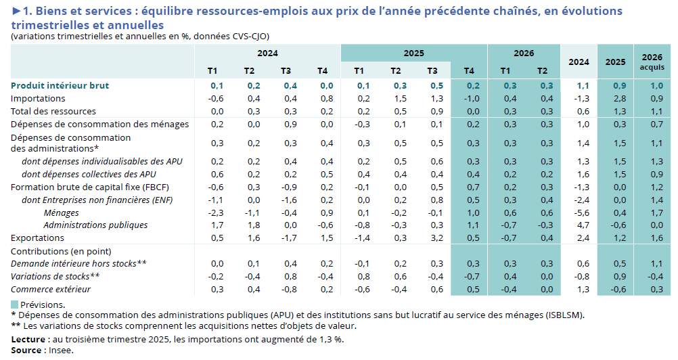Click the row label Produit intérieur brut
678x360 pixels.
tap(60, 86)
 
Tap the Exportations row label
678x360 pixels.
tap(37, 238)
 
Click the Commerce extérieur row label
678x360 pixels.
tap(51, 290)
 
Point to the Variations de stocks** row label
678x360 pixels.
tap(55, 277)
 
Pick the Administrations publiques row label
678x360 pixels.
tap(95, 225)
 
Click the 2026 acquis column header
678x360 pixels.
tap(652, 62)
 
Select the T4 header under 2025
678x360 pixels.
tap(469, 71)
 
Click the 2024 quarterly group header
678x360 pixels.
tap(267, 53)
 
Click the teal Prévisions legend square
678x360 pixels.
tap(15, 305)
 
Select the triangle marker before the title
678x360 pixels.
tap(16, 12)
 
